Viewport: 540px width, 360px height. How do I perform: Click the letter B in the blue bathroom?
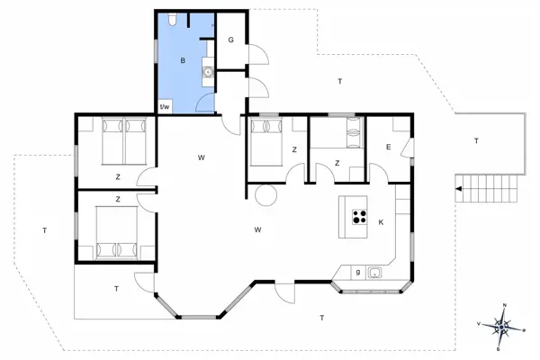click(x=183, y=61)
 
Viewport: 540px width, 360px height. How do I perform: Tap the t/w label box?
click(x=165, y=106)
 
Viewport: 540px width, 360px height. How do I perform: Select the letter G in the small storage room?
click(x=230, y=40)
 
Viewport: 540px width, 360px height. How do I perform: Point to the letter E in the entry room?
click(x=388, y=147)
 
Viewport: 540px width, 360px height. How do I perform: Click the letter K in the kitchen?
click(x=381, y=221)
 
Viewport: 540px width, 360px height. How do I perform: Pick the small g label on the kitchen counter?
click(x=357, y=272)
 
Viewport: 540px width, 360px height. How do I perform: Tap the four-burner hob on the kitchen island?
click(x=359, y=216)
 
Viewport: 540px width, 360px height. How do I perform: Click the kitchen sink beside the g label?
click(x=375, y=272)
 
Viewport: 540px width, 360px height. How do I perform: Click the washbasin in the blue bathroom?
click(x=208, y=73)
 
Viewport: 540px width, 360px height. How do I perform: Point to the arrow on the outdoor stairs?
click(x=461, y=188)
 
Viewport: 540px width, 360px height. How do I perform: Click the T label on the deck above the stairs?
click(x=476, y=141)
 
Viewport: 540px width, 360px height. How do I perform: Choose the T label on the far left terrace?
click(x=44, y=231)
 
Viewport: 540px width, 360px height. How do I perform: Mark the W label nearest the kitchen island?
click(x=257, y=230)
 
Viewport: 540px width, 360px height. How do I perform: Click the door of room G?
click(x=256, y=56)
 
